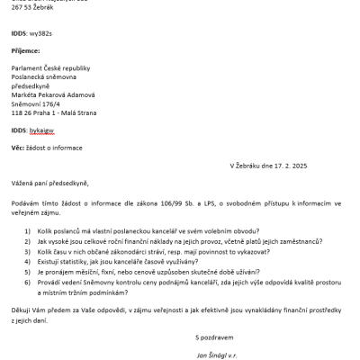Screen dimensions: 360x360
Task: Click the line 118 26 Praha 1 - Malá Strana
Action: click(x=53, y=112)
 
